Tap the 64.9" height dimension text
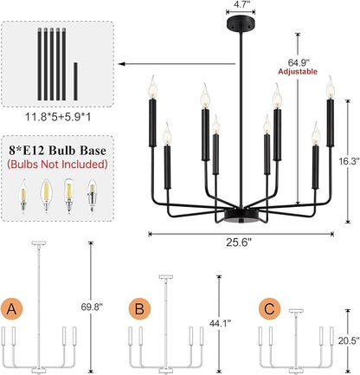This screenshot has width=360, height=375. coord(299,62)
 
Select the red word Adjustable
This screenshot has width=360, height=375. coord(298,72)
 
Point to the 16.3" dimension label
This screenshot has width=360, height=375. coord(349,161)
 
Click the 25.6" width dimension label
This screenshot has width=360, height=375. coord(239,242)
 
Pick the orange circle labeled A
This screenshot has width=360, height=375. coord(11,309)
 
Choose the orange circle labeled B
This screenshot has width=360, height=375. coord(139,309)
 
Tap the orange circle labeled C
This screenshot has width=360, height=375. coord(269,309)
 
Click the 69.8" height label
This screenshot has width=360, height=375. coord(92,307)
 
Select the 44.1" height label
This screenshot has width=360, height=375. coord(220,323)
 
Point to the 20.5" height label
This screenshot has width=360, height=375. coord(349,340)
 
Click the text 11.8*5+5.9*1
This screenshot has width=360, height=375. coord(58,117)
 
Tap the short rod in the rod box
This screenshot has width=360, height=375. coord(75,81)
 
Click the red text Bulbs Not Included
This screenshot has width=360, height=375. coord(57,164)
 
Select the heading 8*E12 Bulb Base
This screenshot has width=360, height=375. coord(57,151)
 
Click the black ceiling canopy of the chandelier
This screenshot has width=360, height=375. coord(241,22)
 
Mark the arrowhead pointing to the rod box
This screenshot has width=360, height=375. coord(122,64)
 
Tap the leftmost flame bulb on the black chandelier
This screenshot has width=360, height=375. coord(153,87)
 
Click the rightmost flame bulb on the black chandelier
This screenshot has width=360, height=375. coord(331,87)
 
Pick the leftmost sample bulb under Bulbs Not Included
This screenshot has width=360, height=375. coord(22,196)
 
